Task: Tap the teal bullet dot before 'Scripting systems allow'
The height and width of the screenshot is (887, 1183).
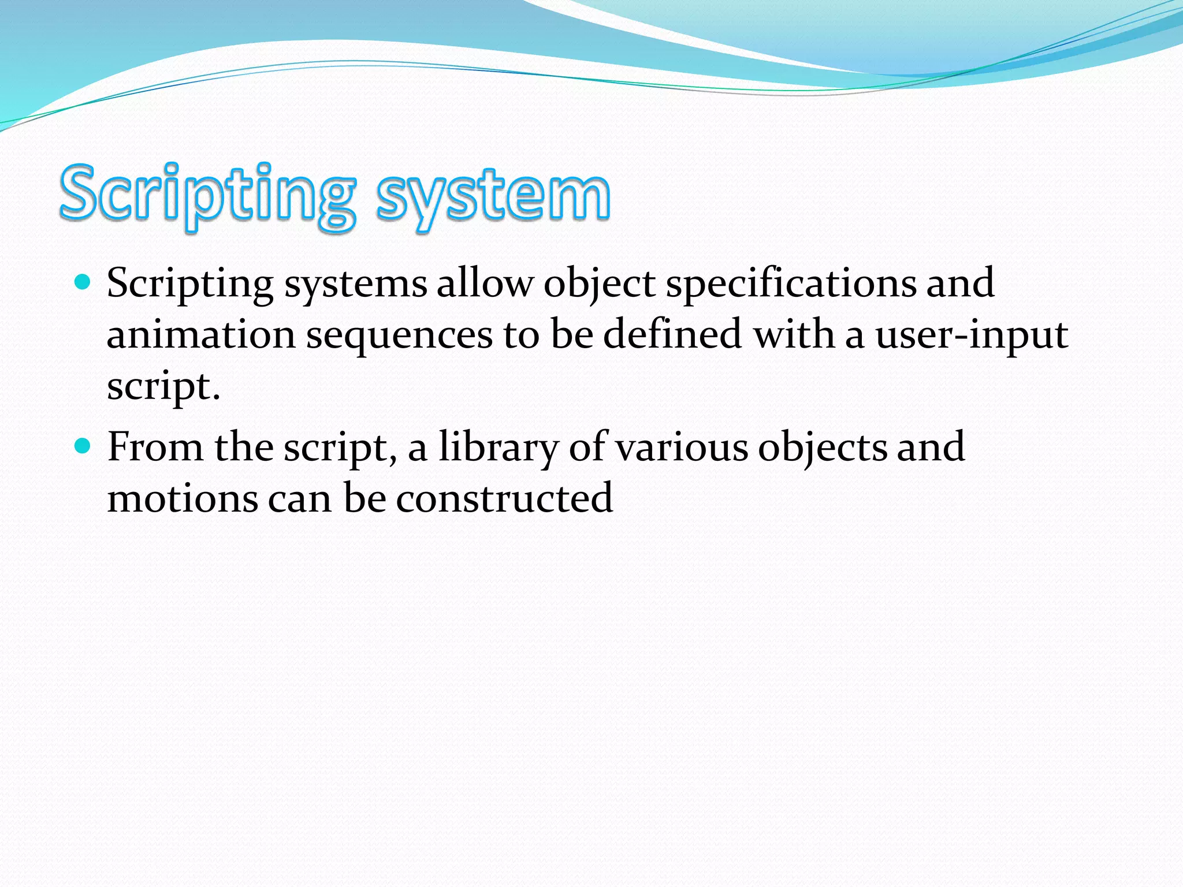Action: click(83, 282)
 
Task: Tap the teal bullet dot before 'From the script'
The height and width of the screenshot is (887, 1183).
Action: click(83, 446)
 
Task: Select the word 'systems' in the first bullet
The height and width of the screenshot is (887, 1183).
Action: click(355, 284)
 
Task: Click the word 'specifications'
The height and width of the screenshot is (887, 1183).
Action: click(791, 284)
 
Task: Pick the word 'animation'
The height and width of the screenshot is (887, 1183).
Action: click(201, 334)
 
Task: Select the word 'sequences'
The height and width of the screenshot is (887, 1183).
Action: click(399, 336)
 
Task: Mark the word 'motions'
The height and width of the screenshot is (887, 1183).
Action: click(183, 498)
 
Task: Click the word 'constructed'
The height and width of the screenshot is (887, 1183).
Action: click(504, 498)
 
